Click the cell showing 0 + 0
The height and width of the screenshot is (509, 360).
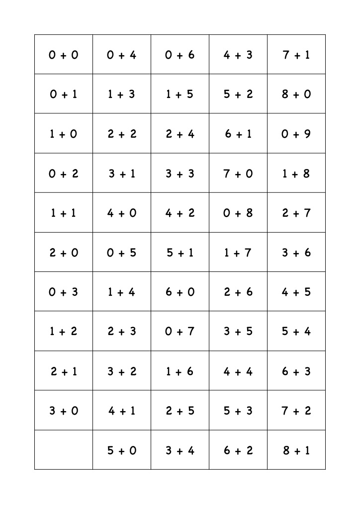tap(64, 55)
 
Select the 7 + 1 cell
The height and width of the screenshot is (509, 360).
tap(296, 55)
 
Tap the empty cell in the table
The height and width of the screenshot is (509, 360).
tap(64, 450)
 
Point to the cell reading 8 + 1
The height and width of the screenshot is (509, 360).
tap(296, 450)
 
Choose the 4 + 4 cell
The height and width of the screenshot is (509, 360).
tap(238, 371)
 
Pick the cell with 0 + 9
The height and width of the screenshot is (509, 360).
tap(296, 134)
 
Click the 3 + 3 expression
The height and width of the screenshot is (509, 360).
tap(180, 173)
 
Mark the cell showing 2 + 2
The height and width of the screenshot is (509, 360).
tap(122, 134)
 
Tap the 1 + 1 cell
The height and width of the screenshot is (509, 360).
tap(64, 213)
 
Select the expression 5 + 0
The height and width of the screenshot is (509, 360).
tap(122, 450)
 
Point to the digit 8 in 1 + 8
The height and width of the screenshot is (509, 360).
tap(306, 173)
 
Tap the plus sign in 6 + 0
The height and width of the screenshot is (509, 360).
tap(180, 292)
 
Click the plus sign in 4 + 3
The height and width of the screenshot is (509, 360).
tap(238, 55)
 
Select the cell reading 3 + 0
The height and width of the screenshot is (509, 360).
tap(64, 411)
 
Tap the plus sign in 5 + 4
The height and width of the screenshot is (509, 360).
tap(296, 332)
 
